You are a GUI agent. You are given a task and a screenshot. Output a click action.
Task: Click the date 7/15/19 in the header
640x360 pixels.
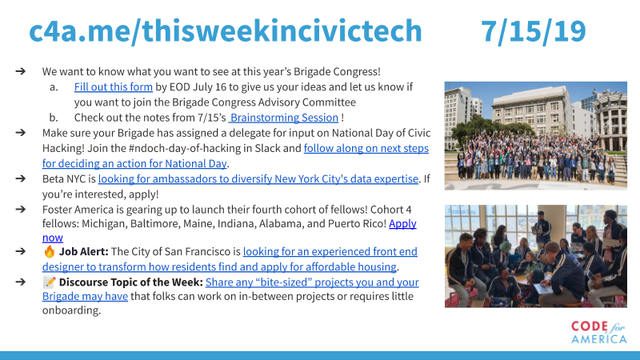coord(533,31)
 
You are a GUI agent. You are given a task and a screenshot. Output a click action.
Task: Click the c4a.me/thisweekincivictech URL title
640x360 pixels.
coord(226,31)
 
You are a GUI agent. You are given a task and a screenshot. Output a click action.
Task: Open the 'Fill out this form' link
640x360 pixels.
coord(113,87)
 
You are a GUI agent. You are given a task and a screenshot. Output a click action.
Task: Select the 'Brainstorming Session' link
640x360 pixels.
coord(284,118)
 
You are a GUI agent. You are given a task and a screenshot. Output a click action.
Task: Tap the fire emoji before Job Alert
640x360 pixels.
coord(50,251)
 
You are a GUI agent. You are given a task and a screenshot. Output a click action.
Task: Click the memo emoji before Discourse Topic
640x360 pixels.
coord(50,282)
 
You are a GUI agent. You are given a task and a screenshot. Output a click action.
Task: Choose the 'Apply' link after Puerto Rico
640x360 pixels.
coord(402,224)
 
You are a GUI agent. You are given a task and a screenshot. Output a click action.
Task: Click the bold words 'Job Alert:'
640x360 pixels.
coord(84,251)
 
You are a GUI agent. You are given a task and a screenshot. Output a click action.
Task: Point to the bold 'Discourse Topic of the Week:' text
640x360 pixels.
coord(130,282)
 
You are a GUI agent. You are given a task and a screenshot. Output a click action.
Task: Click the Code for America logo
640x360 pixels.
coord(598,332)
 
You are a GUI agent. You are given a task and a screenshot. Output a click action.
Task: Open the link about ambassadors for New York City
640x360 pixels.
coord(258,178)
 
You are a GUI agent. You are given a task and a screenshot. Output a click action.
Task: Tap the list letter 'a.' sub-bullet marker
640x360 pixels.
coord(54,87)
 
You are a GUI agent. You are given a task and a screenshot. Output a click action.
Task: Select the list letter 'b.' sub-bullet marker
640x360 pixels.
coord(54,118)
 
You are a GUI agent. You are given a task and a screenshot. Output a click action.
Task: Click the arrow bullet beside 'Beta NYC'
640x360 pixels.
coord(21,178)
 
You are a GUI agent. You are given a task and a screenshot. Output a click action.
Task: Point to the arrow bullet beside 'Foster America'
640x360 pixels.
coord(21,209)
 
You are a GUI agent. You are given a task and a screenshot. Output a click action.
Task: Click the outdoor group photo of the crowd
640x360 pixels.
coord(535,136)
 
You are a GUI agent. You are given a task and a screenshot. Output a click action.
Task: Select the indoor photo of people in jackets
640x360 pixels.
coord(535,256)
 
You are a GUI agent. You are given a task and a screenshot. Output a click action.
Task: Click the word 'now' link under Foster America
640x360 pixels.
coord(53,238)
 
